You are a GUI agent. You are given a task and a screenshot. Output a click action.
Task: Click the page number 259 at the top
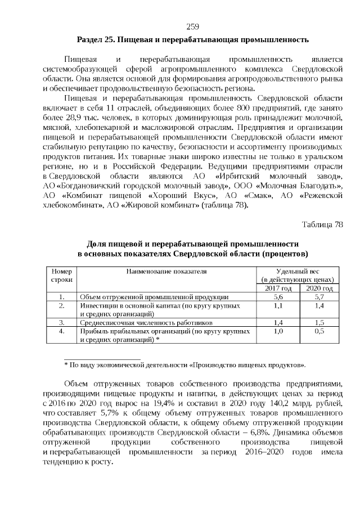pyautogui.click(x=192, y=27)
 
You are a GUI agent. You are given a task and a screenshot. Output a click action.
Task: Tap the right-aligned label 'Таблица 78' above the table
pyautogui.click(x=322, y=224)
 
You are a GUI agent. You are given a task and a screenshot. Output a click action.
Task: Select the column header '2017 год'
pyautogui.click(x=278, y=287)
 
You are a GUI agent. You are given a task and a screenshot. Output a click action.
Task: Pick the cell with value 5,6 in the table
pyautogui.click(x=278, y=296)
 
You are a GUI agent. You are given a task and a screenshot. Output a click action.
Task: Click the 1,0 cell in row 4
pyautogui.click(x=278, y=332)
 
